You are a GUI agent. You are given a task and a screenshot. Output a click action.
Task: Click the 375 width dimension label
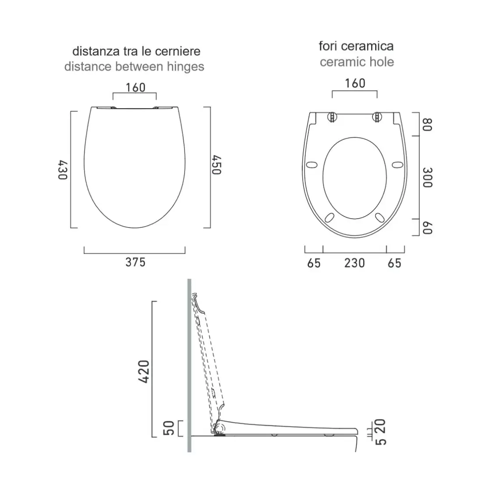[135, 262]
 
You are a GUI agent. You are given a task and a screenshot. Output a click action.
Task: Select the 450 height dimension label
[216, 165]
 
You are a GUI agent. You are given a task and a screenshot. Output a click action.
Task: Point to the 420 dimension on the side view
[144, 372]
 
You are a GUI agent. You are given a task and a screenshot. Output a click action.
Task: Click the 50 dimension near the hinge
[169, 428]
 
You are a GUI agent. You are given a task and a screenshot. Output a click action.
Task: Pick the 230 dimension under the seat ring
[354, 263]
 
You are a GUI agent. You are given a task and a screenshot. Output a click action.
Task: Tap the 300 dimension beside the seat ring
[428, 177]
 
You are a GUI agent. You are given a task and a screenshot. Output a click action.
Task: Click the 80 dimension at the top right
[428, 124]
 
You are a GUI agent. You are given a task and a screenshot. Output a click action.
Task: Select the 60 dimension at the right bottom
[428, 228]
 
